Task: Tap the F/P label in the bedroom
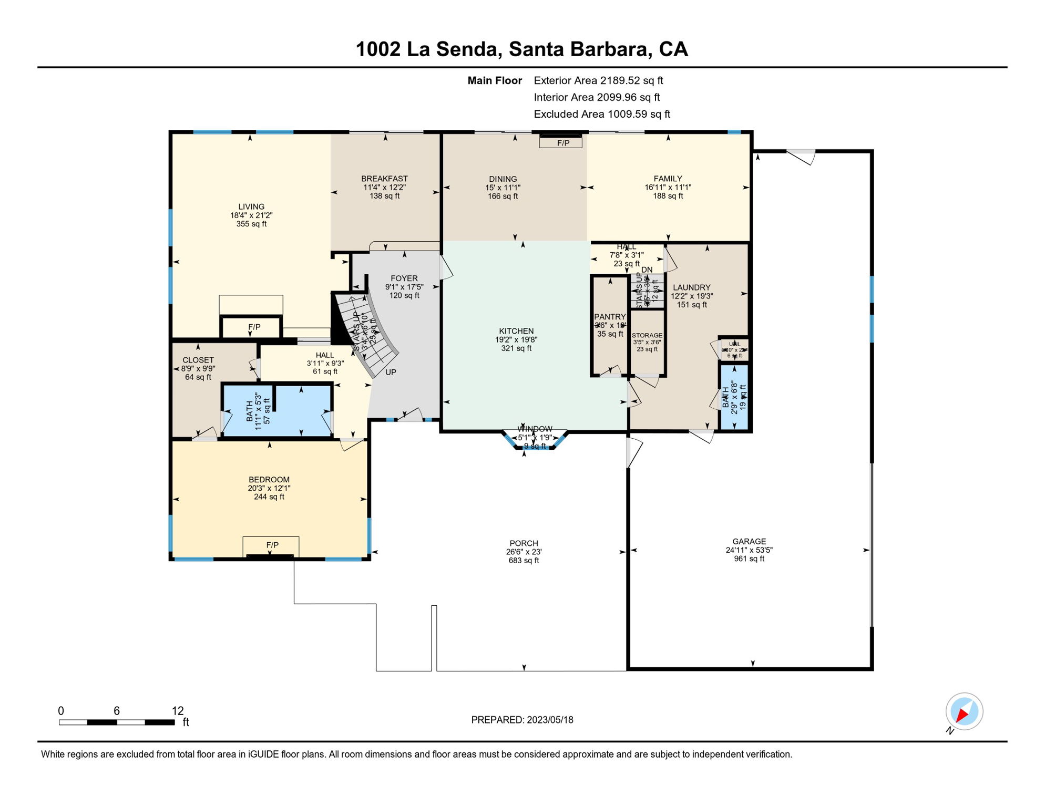tap(272, 545)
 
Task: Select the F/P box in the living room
tap(254, 327)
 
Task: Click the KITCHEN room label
tap(516, 331)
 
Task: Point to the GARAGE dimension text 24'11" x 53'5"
tap(749, 550)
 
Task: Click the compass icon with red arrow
tap(964, 711)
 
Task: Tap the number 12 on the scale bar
tap(178, 711)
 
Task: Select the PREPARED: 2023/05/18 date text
tap(522, 720)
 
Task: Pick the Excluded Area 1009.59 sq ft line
tap(602, 114)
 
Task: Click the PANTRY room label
tap(610, 317)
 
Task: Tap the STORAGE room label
tap(647, 335)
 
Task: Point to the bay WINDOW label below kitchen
tap(535, 429)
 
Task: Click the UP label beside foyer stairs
tap(391, 372)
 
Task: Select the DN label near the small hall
tap(647, 270)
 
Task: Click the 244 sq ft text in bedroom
tap(269, 496)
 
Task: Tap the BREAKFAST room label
tap(384, 179)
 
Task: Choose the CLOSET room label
tap(198, 360)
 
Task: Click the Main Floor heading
tap(495, 80)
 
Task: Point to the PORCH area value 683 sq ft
tap(524, 561)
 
